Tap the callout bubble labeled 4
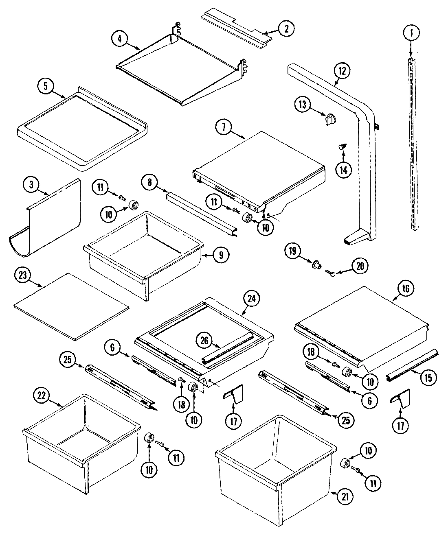coord(119,39)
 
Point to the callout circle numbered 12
coord(341,71)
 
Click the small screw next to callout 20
coord(332,275)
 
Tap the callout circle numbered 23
coord(22,275)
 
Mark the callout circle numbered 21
coord(345,496)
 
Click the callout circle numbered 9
coord(221,256)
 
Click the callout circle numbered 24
coord(251,299)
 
